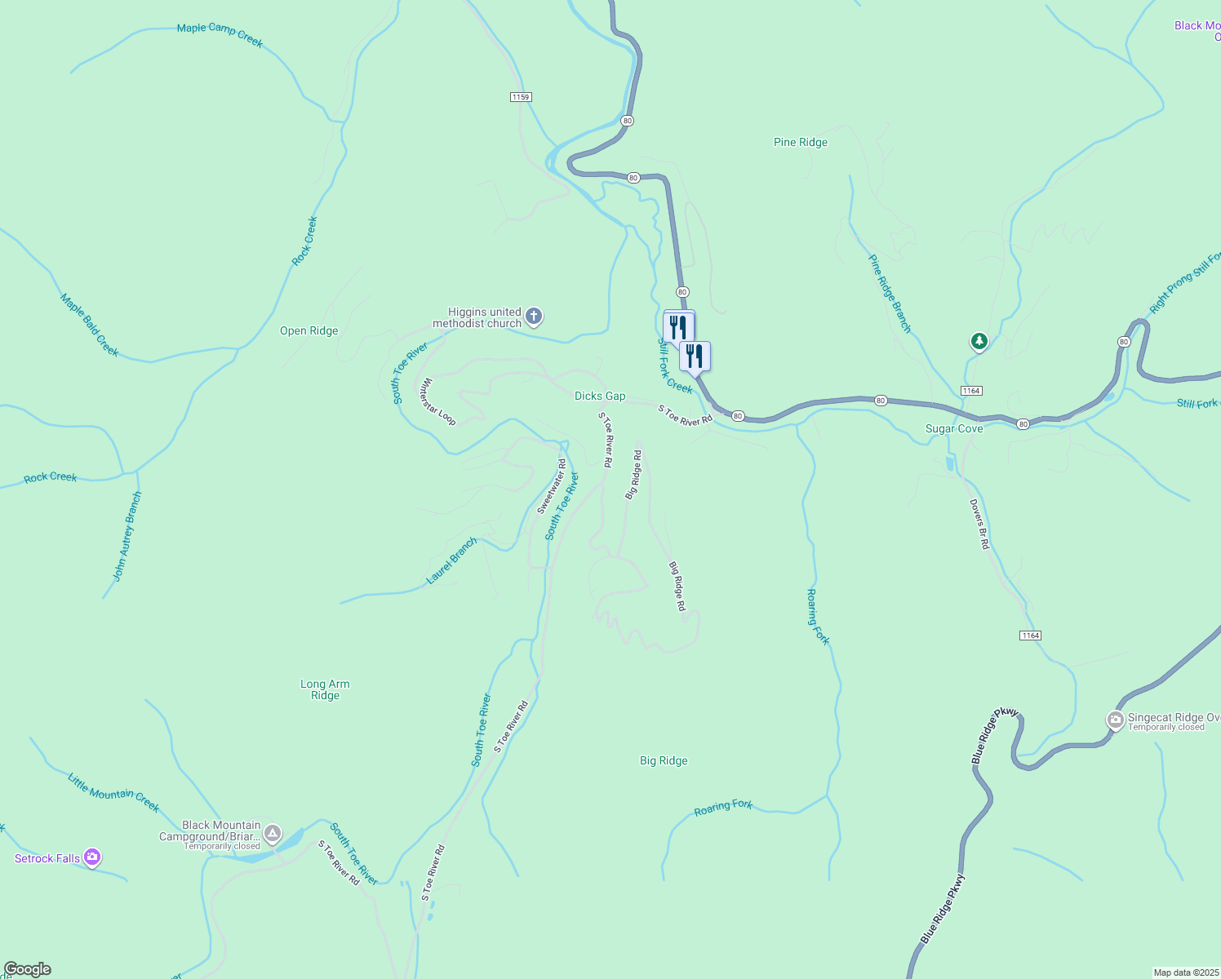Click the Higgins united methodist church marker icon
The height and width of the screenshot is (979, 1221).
point(534,317)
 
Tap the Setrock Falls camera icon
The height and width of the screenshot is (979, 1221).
point(91,857)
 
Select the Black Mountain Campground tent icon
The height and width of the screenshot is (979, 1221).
point(273,834)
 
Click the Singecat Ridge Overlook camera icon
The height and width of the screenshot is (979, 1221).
point(1116,720)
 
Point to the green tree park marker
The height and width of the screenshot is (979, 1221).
point(979,341)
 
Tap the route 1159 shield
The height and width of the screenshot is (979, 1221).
point(521,97)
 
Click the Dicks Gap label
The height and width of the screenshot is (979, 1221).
point(600,396)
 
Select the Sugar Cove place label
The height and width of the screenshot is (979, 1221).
point(954,429)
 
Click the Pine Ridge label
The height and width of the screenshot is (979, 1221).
point(801,143)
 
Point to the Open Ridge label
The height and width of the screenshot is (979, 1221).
point(309,331)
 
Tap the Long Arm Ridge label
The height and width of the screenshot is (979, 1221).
point(325,690)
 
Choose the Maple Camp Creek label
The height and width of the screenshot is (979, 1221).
point(220,34)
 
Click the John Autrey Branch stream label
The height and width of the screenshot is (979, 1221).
point(127,536)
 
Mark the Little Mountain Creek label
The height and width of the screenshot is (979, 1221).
point(113,792)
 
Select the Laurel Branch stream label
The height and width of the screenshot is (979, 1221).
point(451,561)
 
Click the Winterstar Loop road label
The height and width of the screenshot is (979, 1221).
point(437,401)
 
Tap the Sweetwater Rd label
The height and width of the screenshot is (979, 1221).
point(552,487)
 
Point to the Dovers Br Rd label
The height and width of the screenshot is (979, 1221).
point(979,524)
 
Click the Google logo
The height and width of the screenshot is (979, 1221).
point(28,969)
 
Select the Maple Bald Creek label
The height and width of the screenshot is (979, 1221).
point(90,325)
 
